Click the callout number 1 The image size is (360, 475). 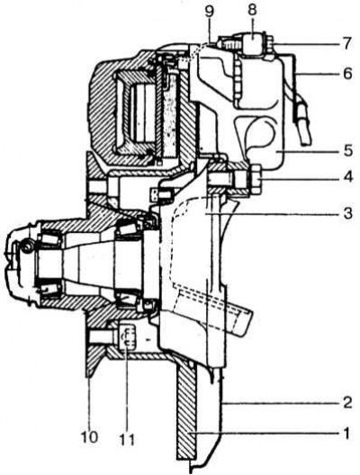[x=346, y=434]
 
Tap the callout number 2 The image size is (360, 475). [x=346, y=404]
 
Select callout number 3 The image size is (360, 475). [x=346, y=213]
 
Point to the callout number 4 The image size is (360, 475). [x=346, y=176]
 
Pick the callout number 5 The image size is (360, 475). [x=346, y=150]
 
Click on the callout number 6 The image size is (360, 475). [x=346, y=73]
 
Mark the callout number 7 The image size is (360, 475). [x=346, y=42]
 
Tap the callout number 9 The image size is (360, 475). [x=209, y=11]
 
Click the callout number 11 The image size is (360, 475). [x=126, y=438]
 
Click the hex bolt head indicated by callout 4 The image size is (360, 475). [x=255, y=179]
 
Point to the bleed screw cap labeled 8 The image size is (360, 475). [x=254, y=43]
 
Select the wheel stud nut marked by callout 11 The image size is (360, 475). [x=128, y=337]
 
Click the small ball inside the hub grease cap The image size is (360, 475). [x=27, y=246]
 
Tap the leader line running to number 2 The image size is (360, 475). [x=280, y=404]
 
